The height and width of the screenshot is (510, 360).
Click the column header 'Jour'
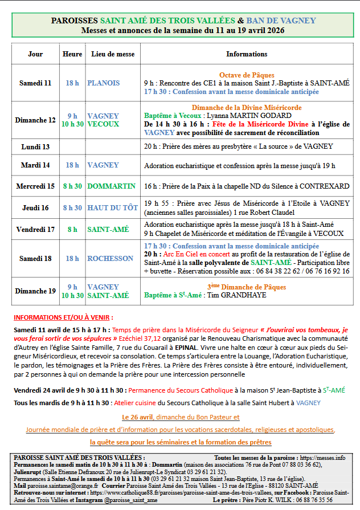35,54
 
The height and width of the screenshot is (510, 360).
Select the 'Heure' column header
72,54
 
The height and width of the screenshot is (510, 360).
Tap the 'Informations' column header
247,54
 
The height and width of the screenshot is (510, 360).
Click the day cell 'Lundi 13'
35,146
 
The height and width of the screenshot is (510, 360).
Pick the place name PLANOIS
104,83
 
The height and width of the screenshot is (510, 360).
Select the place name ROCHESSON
110,258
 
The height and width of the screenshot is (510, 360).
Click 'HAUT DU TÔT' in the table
112,208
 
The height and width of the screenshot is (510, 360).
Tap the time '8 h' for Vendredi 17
72,230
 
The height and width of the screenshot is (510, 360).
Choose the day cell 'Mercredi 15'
35,186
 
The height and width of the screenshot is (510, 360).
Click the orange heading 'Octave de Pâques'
247,75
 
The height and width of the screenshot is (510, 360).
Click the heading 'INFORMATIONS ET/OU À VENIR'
63,317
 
